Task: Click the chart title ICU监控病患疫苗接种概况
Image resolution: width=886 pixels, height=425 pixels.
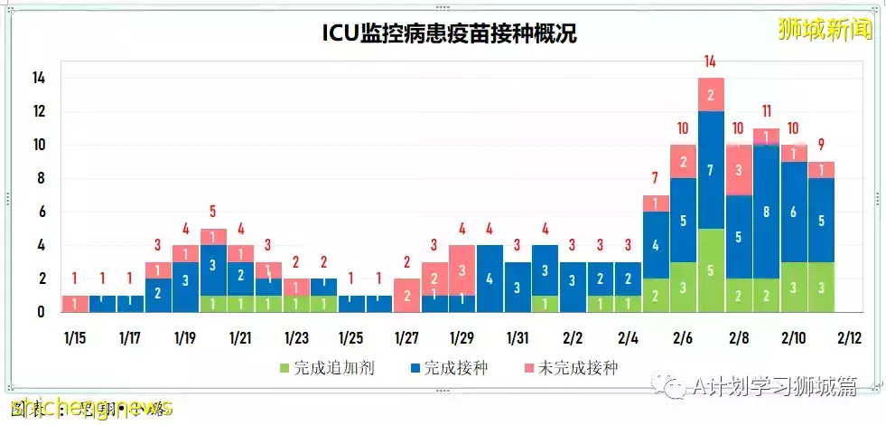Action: pos(449,34)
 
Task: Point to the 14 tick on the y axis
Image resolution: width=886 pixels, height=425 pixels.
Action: pos(39,79)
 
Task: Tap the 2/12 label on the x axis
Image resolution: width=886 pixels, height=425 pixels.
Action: pos(848,338)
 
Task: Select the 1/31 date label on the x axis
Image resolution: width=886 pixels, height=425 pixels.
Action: pos(517,338)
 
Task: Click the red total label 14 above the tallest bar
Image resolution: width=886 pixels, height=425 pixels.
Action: pos(711,61)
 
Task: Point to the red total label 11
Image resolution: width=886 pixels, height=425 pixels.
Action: pos(766,112)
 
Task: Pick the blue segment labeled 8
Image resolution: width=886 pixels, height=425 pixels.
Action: pos(766,212)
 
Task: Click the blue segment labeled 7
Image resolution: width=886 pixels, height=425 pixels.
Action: pos(711,170)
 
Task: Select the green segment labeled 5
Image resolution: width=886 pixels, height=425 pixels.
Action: pos(711,270)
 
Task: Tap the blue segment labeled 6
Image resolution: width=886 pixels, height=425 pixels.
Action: pos(793,212)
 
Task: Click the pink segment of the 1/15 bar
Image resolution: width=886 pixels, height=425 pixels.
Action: pos(75,304)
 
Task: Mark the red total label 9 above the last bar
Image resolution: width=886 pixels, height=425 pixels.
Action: pos(820,145)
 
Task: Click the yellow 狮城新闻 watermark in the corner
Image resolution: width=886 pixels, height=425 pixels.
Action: pos(825,29)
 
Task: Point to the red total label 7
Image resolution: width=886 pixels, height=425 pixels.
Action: pos(656,178)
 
